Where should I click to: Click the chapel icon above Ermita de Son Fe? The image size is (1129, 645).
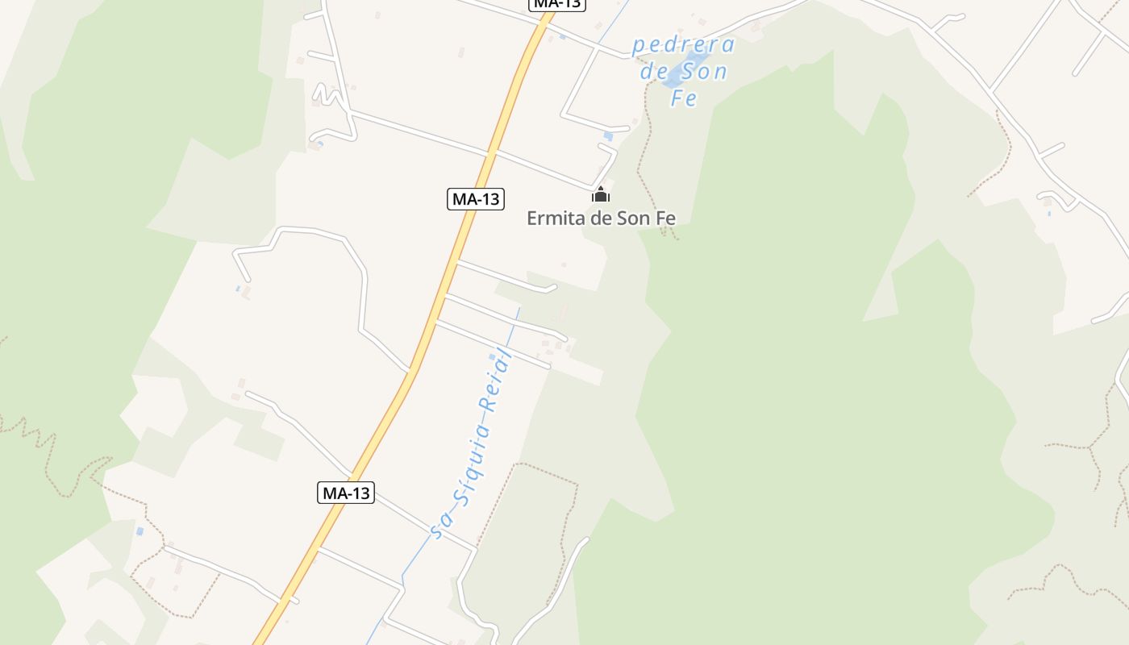601,194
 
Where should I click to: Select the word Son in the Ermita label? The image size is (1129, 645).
633,218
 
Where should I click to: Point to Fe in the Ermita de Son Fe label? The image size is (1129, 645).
665,218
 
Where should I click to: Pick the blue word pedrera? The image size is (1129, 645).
683,45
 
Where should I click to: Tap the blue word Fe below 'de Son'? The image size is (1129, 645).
684,98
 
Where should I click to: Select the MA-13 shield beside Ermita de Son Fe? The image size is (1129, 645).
476,198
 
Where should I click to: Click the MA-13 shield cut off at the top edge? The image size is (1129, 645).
557,3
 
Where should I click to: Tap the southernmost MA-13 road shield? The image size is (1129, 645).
346,493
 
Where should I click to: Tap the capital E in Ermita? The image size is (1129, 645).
532,218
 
